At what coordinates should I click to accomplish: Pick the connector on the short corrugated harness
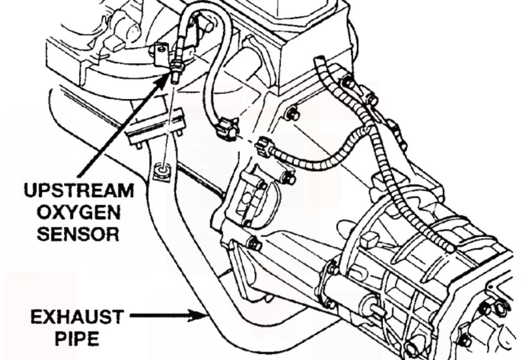[x=265, y=147]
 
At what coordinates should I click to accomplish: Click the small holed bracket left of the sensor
[x=160, y=54]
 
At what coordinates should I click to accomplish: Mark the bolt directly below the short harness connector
[x=289, y=178]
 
